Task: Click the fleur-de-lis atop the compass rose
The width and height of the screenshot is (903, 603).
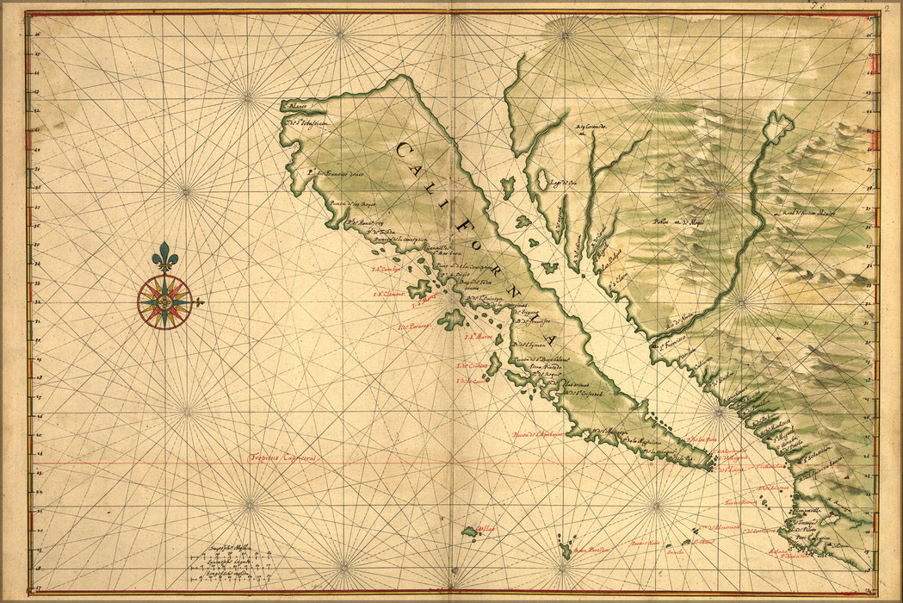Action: click(x=164, y=256)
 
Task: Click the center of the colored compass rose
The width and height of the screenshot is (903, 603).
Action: click(x=164, y=301)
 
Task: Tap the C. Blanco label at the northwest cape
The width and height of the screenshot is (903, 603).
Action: click(x=296, y=108)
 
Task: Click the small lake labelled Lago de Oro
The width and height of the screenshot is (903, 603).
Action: click(x=543, y=180)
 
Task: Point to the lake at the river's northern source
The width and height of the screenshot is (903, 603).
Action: click(x=778, y=126)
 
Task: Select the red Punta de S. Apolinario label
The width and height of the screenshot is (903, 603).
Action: click(x=537, y=434)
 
